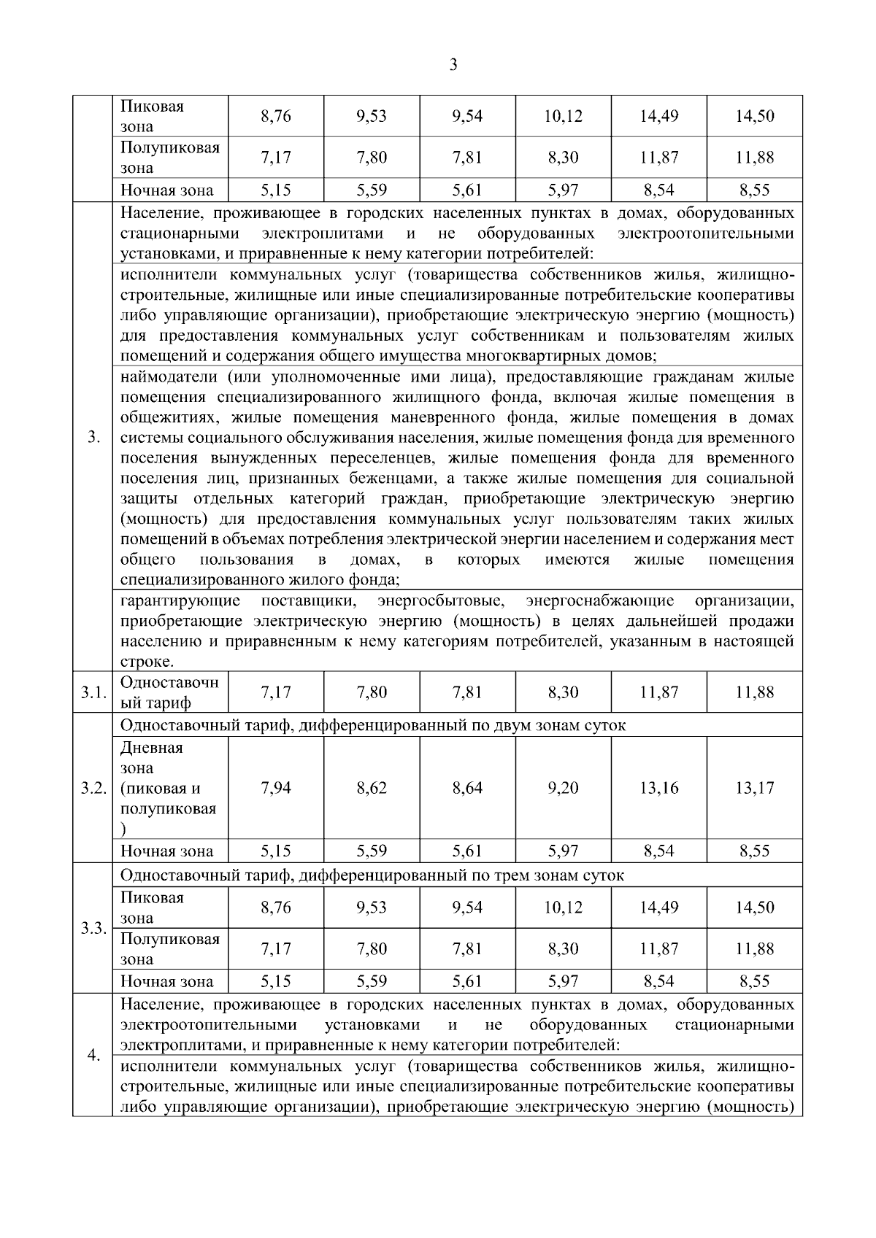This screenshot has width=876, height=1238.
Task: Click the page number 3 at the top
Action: tap(453, 66)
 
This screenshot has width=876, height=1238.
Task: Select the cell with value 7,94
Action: tap(275, 788)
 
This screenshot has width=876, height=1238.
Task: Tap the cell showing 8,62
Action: tap(372, 788)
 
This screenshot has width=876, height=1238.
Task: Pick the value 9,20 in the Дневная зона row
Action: tap(563, 788)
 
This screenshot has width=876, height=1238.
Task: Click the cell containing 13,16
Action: tap(658, 788)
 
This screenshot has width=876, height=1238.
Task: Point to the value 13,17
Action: tap(754, 788)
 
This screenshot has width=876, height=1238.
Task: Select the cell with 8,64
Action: tap(467, 788)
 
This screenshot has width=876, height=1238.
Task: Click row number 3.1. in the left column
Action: tap(93, 692)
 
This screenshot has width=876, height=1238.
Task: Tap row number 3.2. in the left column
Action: tap(93, 789)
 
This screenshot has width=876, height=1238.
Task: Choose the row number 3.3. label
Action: tap(93, 929)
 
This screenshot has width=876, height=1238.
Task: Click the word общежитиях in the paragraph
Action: tap(170, 418)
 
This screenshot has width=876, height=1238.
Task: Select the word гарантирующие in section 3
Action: tap(180, 601)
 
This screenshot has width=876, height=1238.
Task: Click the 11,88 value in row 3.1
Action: tap(754, 692)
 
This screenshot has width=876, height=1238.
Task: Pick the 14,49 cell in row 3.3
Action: tap(658, 908)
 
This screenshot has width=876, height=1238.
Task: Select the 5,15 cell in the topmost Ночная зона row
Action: tap(275, 191)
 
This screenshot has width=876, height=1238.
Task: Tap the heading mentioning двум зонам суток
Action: tap(373, 726)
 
